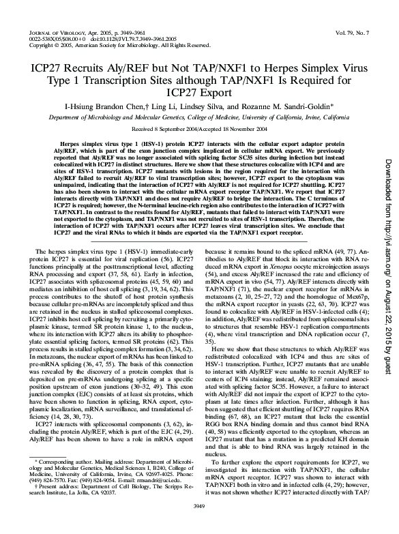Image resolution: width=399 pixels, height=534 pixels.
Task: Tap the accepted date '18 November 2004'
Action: (x=250, y=128)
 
